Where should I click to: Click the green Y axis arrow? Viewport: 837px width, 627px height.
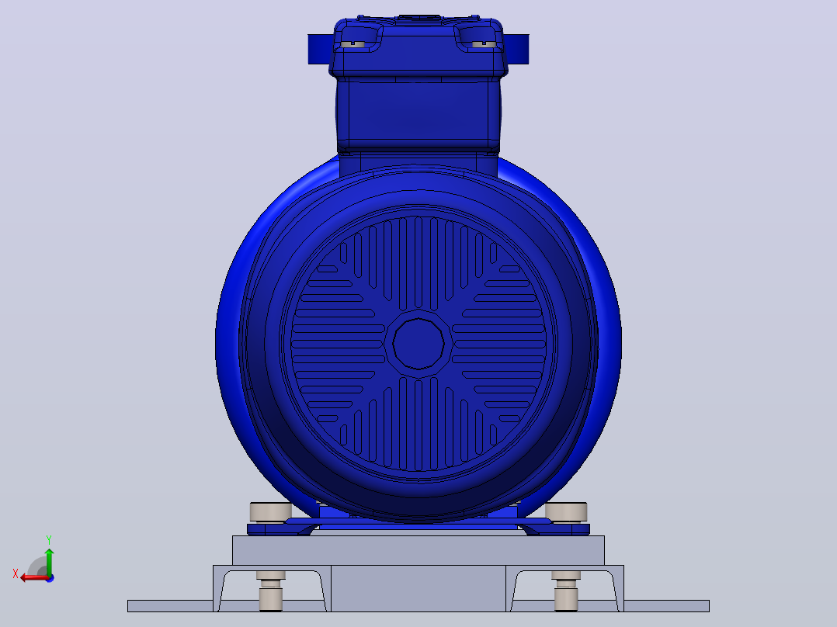click(49, 562)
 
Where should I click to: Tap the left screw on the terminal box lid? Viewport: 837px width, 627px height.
click(353, 44)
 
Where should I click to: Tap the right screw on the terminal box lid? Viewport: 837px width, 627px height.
click(484, 44)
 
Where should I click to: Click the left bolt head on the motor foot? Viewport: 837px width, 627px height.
click(271, 511)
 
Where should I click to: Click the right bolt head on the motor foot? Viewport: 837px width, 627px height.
click(566, 511)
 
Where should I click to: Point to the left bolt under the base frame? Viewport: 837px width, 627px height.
click(271, 591)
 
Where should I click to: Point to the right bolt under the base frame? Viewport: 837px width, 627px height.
click(566, 591)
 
